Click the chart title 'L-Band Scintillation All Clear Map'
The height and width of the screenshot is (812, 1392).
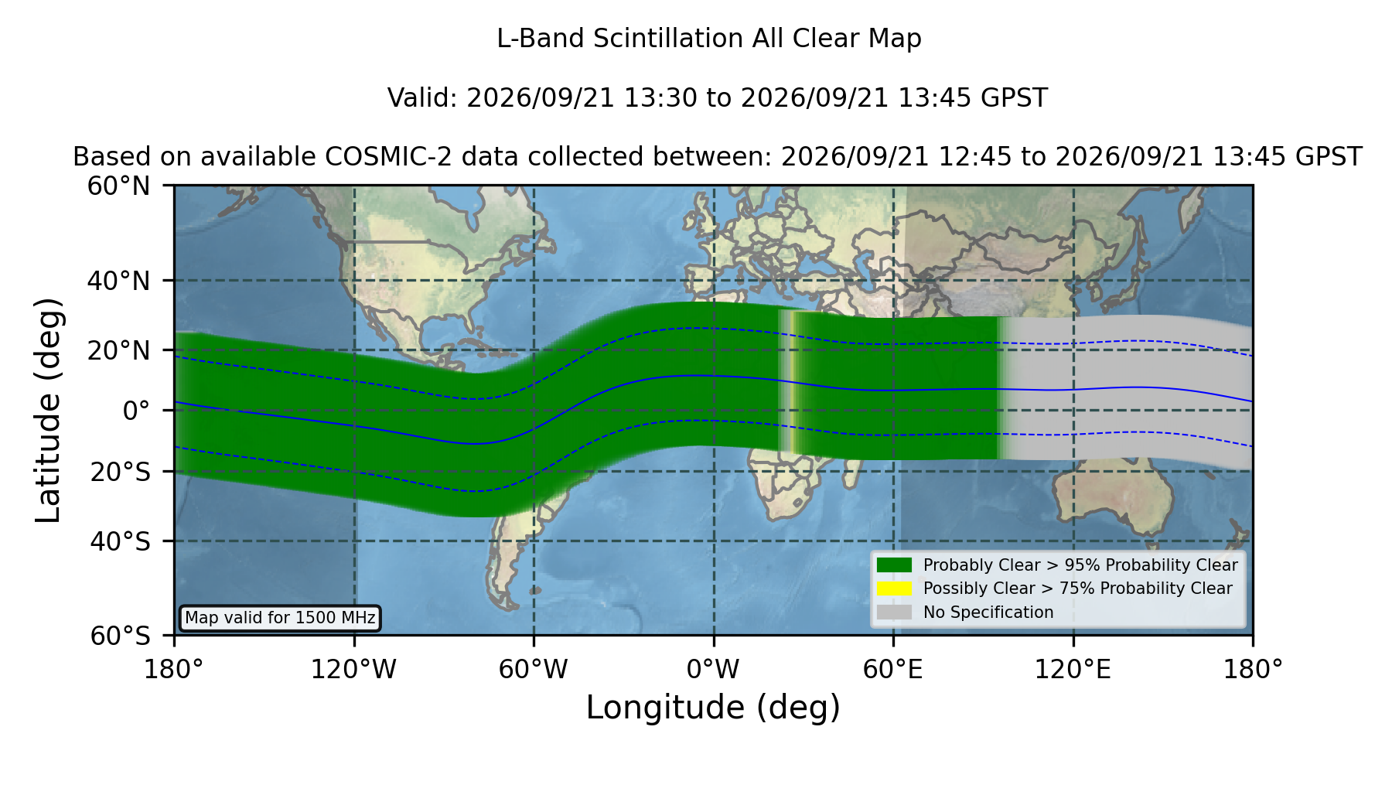[709, 39]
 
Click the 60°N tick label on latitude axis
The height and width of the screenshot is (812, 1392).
[118, 186]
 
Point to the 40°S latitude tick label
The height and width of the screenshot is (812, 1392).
[120, 541]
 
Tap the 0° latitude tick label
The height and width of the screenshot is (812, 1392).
[136, 411]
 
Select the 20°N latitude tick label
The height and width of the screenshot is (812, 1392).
[118, 350]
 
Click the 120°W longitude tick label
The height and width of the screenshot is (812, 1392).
[353, 670]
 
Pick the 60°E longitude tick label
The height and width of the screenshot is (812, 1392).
[893, 670]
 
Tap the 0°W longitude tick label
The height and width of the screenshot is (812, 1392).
[713, 670]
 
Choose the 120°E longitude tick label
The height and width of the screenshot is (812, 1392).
[1073, 670]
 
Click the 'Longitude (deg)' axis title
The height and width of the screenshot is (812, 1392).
[713, 708]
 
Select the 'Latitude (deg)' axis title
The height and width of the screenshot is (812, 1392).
[48, 410]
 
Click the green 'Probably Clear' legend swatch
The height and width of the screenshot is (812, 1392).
[894, 565]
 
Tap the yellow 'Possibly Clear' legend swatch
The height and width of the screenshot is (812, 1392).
[894, 589]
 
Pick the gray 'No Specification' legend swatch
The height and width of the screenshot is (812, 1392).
[894, 612]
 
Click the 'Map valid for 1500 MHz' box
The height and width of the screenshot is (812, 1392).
[280, 618]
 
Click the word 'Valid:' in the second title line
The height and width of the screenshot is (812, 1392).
[422, 98]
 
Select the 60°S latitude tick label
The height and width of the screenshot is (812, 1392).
[120, 636]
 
